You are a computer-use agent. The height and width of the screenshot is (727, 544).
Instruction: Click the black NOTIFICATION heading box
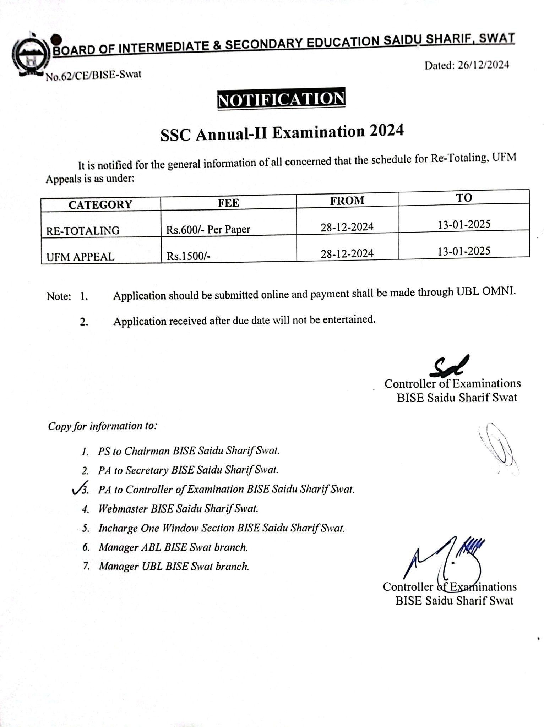pyautogui.click(x=281, y=99)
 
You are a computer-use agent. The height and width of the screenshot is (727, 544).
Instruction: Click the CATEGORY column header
pyautogui.click(x=100, y=205)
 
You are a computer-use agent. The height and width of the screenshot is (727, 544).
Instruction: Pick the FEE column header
pyautogui.click(x=228, y=203)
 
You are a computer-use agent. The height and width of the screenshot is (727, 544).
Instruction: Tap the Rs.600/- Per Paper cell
pyautogui.click(x=208, y=229)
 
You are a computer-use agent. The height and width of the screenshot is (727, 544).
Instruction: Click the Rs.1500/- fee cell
pyautogui.click(x=189, y=256)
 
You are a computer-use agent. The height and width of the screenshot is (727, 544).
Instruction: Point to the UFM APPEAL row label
pyautogui.click(x=80, y=257)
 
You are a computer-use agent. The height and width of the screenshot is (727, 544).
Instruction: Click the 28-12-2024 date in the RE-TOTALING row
pyautogui.click(x=347, y=227)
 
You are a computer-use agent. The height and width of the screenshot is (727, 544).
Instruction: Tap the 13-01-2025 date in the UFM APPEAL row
pyautogui.click(x=464, y=251)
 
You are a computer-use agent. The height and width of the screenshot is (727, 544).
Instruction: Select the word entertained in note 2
pyautogui.click(x=351, y=319)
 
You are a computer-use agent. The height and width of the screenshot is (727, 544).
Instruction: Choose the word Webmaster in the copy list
pyautogui.click(x=123, y=509)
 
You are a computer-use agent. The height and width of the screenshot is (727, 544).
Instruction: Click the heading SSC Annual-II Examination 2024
pyautogui.click(x=282, y=133)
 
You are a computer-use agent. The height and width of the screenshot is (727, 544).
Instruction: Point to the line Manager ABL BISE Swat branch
pyautogui.click(x=173, y=547)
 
